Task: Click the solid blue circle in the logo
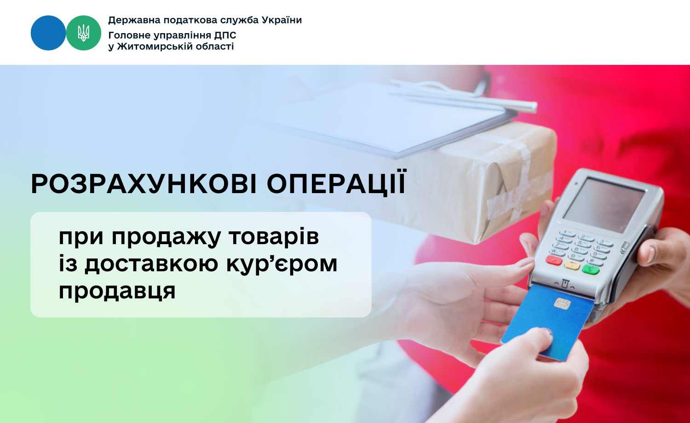[x=48, y=33]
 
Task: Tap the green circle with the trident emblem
[x=83, y=33]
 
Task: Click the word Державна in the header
[x=134, y=21]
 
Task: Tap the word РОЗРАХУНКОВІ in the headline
[x=144, y=184]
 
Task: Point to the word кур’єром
[x=282, y=264]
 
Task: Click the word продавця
[x=117, y=291]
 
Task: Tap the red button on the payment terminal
[x=554, y=260]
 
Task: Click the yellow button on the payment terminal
[x=572, y=265]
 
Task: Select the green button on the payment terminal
[x=591, y=270]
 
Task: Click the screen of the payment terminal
[x=604, y=205]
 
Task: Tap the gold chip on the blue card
[x=563, y=303]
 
